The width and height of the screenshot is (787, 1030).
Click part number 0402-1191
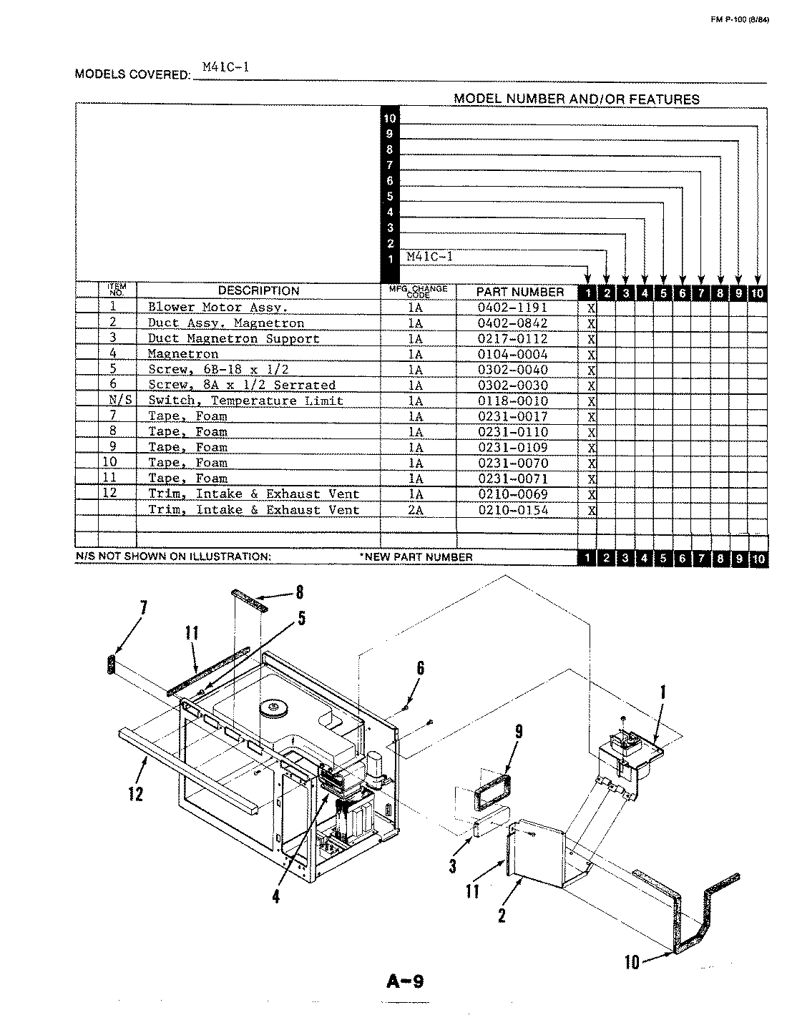[512, 307]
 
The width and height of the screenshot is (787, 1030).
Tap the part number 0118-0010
[512, 401]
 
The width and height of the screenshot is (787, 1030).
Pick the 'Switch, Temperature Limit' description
[245, 401]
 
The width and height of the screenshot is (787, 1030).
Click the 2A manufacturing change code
[416, 510]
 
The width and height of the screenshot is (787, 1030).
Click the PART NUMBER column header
[520, 291]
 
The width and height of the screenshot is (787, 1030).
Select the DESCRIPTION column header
[258, 290]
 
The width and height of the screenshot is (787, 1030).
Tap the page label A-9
[405, 981]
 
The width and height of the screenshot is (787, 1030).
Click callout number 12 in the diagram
[135, 793]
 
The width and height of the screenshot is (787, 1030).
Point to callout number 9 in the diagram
[519, 732]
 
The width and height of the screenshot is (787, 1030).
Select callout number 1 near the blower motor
[663, 692]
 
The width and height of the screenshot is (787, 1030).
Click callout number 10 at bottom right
[632, 962]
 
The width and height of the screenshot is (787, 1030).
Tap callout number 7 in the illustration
[143, 608]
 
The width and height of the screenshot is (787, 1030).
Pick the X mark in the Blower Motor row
[591, 308]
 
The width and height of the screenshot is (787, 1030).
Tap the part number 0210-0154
[512, 510]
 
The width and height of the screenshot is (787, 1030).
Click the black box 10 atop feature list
[390, 119]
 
